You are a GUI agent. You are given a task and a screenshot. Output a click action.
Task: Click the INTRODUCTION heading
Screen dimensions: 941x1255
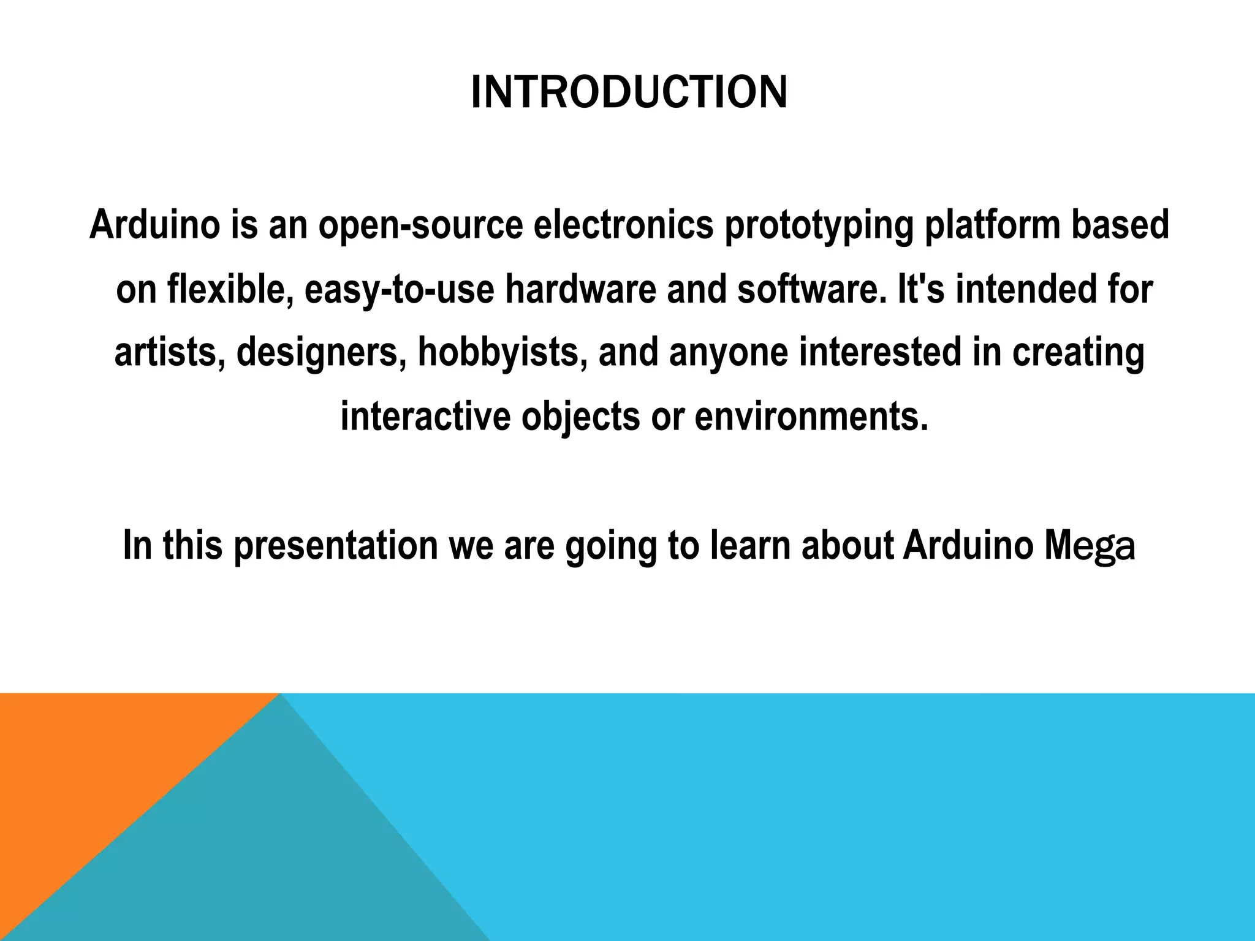[629, 93]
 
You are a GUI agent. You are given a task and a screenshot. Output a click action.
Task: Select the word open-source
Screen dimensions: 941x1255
[420, 224]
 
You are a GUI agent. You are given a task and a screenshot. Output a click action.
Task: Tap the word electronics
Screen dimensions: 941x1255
[624, 224]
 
